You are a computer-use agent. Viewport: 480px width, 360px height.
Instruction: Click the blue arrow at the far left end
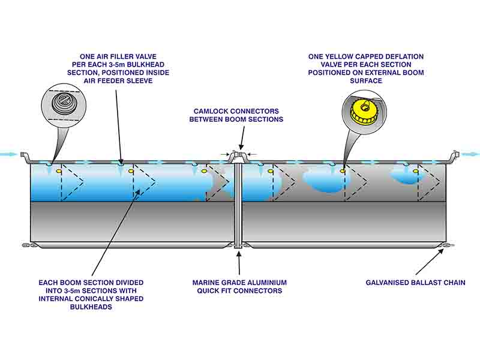[x=8, y=154]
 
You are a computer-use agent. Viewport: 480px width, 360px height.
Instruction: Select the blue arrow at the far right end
[x=471, y=154]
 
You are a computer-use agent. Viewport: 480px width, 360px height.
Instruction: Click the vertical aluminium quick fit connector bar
[x=239, y=204]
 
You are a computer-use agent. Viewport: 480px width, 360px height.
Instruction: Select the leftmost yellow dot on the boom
[x=59, y=172]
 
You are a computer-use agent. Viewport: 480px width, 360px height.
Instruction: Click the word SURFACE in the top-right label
[x=366, y=81]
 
